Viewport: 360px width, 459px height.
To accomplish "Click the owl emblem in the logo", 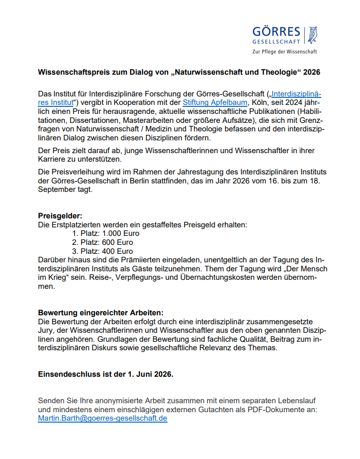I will click(x=312, y=35).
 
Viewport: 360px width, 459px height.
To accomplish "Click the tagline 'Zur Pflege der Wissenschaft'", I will click(x=285, y=52).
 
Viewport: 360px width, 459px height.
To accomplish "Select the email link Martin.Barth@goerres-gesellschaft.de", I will click(x=103, y=418).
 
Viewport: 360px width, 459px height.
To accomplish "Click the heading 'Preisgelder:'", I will click(x=60, y=216).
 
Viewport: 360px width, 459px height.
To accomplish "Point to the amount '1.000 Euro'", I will click(x=121, y=234).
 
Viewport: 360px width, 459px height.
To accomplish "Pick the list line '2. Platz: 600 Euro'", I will click(x=103, y=242).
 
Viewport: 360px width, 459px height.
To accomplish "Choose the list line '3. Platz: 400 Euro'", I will click(x=103, y=251).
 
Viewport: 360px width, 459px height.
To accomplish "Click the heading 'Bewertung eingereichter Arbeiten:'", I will click(x=101, y=313).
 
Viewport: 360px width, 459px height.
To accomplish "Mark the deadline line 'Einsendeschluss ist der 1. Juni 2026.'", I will click(x=105, y=374).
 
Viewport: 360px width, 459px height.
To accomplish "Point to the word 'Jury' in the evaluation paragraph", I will click(x=46, y=331).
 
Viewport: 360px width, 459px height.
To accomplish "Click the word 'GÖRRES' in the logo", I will click(x=276, y=32).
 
